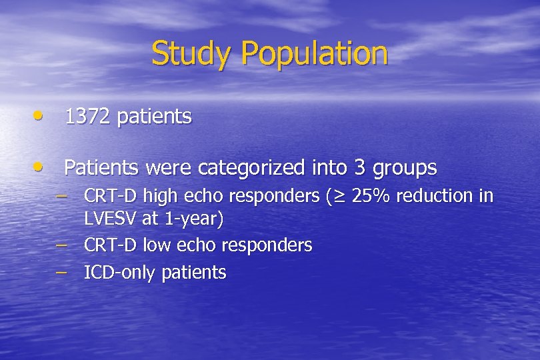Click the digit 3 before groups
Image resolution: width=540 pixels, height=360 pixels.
tap(360, 167)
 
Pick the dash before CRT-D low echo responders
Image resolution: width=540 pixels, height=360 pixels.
tap(62, 244)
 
